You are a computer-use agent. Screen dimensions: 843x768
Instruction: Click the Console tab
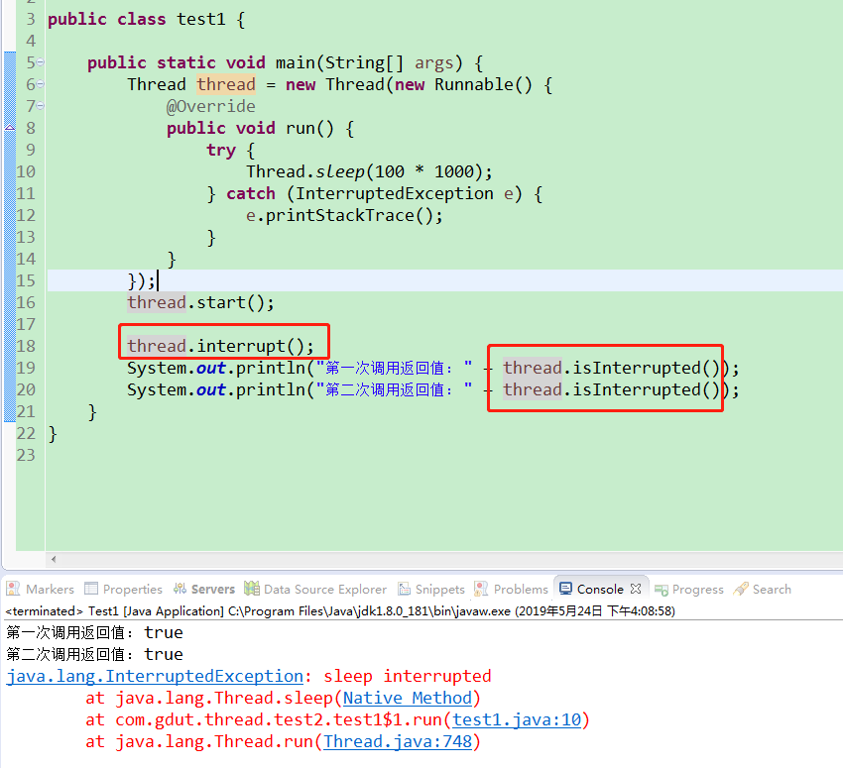pyautogui.click(x=599, y=590)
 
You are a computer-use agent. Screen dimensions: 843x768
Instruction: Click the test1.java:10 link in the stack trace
pyautogui.click(x=517, y=719)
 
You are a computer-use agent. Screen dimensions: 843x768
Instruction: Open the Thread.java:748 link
pyautogui.click(x=398, y=741)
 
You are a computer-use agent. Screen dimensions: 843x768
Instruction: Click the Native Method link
pyautogui.click(x=407, y=699)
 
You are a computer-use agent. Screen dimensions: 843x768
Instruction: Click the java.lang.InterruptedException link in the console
pyautogui.click(x=155, y=676)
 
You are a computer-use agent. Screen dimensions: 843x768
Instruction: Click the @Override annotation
pyautogui.click(x=210, y=106)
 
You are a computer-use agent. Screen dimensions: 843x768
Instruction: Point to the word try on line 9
pyautogui.click(x=221, y=151)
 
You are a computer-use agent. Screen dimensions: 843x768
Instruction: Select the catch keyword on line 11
pyautogui.click(x=251, y=193)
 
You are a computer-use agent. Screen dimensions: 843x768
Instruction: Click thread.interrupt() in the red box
pyautogui.click(x=220, y=346)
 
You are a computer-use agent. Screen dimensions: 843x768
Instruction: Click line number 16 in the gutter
pyautogui.click(x=26, y=302)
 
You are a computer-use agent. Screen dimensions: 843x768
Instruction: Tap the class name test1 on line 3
pyautogui.click(x=201, y=20)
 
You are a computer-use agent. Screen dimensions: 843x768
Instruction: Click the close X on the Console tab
pyautogui.click(x=636, y=589)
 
